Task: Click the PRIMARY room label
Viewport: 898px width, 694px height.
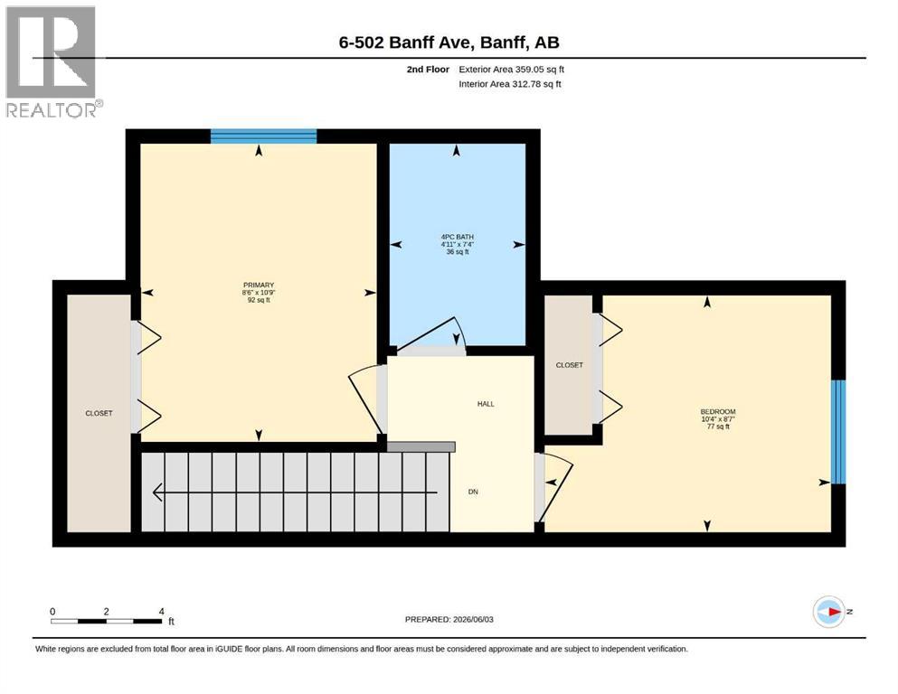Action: click(259, 285)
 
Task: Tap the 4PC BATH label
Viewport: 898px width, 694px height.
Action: click(457, 237)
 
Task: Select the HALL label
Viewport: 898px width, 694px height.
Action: click(486, 404)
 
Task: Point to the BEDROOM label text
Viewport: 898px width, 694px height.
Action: click(718, 412)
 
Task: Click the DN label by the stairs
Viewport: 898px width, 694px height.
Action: click(473, 492)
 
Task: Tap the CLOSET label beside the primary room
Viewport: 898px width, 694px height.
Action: click(99, 413)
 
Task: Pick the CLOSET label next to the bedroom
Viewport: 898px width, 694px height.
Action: click(569, 365)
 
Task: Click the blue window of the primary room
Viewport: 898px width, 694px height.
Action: click(263, 136)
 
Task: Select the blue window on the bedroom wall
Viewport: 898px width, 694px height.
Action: click(838, 432)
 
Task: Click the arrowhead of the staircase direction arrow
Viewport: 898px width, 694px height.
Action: click(157, 492)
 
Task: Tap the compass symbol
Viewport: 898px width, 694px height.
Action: click(828, 612)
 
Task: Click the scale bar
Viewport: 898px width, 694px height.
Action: click(106, 621)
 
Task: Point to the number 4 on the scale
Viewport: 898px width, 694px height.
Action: click(162, 611)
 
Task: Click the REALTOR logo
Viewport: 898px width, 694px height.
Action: click(53, 62)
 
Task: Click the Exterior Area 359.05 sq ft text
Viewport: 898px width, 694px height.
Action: click(512, 70)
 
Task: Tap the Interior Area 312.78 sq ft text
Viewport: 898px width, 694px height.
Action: click(510, 84)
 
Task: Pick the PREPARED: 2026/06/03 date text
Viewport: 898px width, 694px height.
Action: click(449, 619)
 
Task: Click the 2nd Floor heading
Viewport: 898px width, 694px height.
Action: click(428, 70)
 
